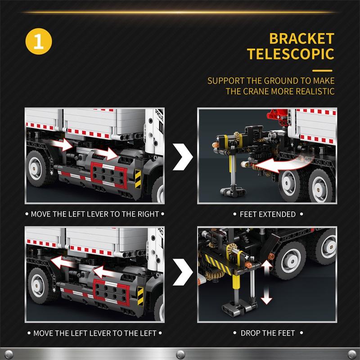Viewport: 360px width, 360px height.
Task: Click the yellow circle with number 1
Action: [x=39, y=41]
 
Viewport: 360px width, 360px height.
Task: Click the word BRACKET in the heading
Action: [x=301, y=39]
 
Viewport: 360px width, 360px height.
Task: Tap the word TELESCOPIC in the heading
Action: [x=291, y=54]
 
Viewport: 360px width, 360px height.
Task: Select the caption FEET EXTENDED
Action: [x=268, y=214]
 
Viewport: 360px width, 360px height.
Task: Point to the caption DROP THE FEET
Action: [x=268, y=333]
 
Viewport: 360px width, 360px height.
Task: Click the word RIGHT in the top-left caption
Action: [x=148, y=214]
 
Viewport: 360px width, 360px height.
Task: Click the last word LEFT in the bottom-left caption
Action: [x=148, y=333]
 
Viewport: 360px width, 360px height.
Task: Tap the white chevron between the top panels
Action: [x=183, y=157]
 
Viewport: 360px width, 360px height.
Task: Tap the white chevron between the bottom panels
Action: [x=183, y=272]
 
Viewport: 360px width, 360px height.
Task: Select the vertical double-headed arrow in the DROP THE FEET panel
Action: [x=266, y=283]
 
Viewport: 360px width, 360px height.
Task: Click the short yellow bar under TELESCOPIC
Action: [x=322, y=71]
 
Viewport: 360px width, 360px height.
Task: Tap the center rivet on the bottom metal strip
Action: [x=180, y=354]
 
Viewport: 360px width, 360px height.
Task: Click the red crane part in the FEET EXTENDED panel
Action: [x=277, y=116]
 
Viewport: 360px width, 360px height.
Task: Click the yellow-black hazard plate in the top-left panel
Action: [x=138, y=179]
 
